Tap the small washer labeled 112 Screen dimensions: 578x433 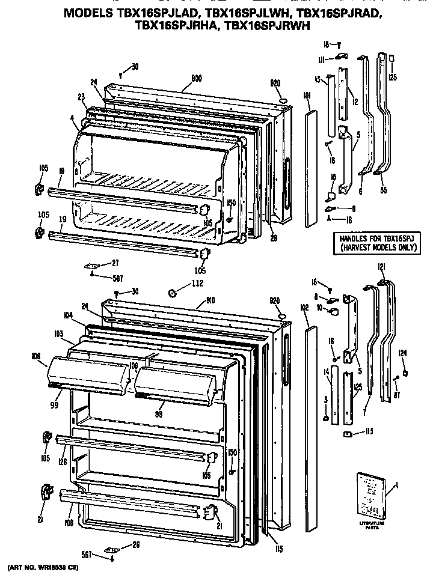171,293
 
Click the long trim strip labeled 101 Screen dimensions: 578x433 310,168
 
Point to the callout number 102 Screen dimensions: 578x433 304,307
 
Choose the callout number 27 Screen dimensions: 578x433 115,263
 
